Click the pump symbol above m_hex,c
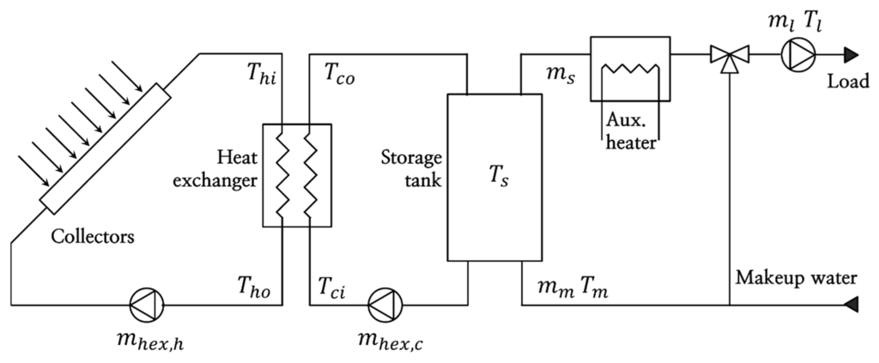pos(383,304)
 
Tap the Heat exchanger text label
pos(225,170)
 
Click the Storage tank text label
pos(411,170)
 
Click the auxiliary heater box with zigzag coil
pos(630,70)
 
